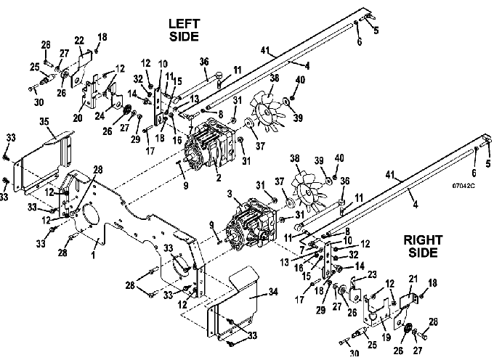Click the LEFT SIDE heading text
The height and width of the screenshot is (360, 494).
point(184,30)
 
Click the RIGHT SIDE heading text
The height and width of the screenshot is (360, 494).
point(423,246)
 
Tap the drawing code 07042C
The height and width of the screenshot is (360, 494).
point(463,186)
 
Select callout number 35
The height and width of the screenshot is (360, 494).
point(44,121)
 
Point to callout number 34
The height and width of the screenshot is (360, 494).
point(273,292)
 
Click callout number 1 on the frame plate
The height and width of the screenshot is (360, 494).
point(93,254)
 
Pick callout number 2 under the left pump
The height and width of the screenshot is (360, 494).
point(219,178)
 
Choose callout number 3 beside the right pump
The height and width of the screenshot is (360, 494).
point(230,193)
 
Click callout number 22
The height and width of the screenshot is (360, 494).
point(79,41)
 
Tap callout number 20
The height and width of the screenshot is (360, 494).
point(78,118)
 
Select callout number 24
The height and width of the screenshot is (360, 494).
point(100,116)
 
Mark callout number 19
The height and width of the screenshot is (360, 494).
point(386,337)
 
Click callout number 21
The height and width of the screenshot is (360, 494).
point(413,279)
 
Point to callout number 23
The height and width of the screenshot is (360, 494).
point(372,275)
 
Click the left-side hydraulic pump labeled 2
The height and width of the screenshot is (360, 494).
point(209,144)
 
